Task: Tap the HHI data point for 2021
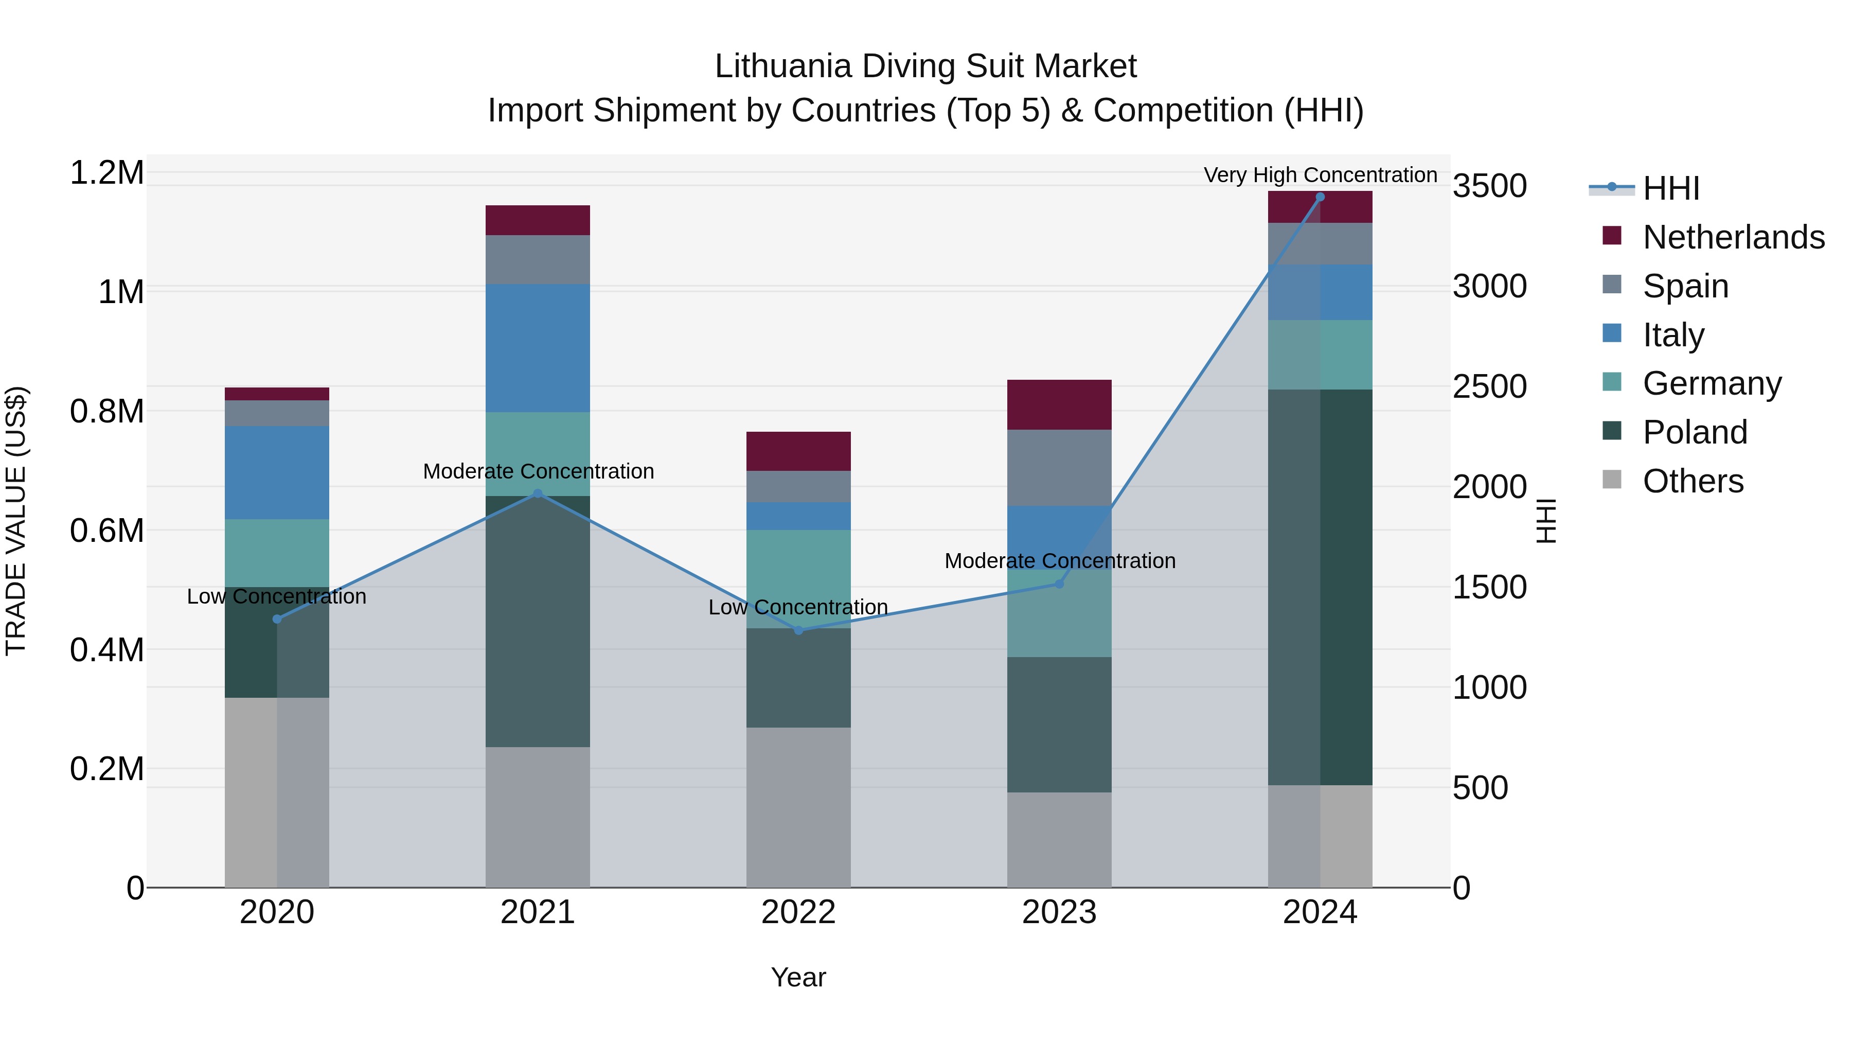tap(538, 493)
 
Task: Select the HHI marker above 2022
tap(798, 630)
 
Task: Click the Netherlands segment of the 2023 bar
tap(1059, 405)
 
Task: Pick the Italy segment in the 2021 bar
tap(538, 348)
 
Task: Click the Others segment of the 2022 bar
tap(798, 807)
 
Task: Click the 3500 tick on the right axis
tap(1490, 186)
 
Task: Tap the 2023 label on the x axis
tap(1059, 912)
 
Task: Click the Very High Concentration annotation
tap(1320, 175)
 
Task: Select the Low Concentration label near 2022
tap(798, 607)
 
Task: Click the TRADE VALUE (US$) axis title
tap(16, 521)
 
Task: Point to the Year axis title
tap(798, 977)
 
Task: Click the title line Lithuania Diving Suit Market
tap(925, 66)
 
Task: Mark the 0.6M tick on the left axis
tap(106, 531)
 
